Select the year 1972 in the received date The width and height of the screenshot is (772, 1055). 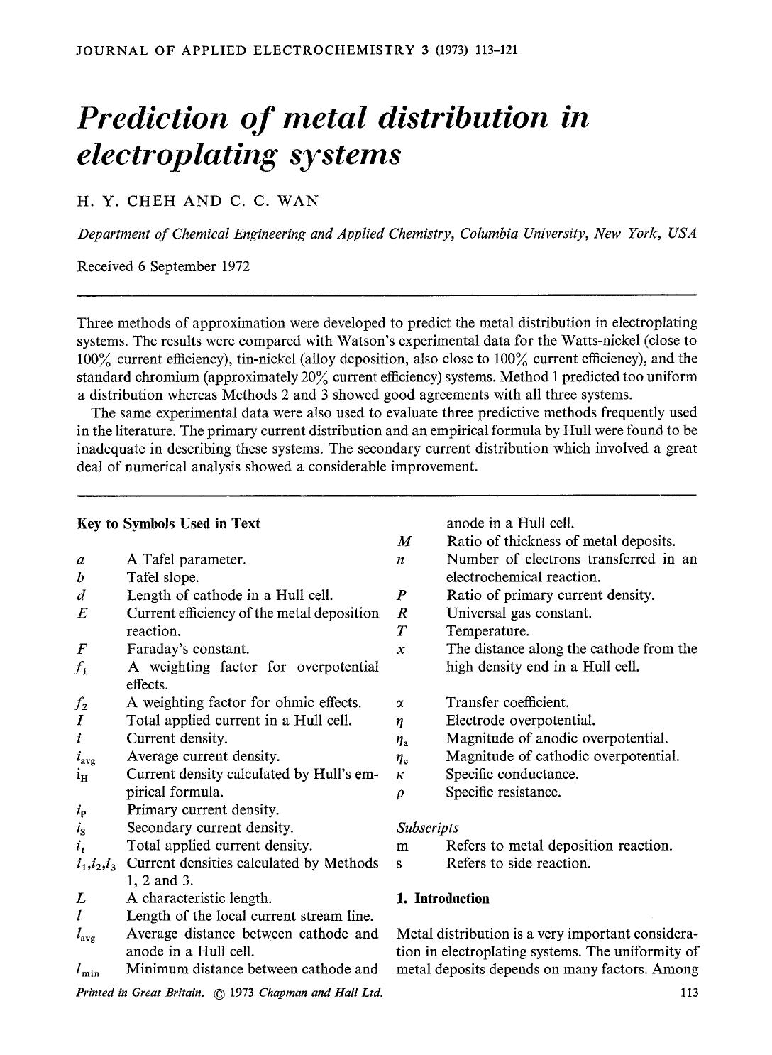[235, 266]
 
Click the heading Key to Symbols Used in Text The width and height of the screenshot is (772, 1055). [168, 523]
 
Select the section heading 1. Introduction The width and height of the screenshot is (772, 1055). [443, 899]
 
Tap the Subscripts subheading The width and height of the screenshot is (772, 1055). [428, 828]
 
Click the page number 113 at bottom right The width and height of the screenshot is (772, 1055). [688, 992]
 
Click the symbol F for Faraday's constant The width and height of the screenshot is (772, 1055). [81, 649]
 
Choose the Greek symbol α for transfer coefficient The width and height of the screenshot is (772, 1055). [402, 704]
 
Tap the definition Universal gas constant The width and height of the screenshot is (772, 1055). [519, 613]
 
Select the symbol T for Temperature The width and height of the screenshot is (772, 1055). [402, 631]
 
